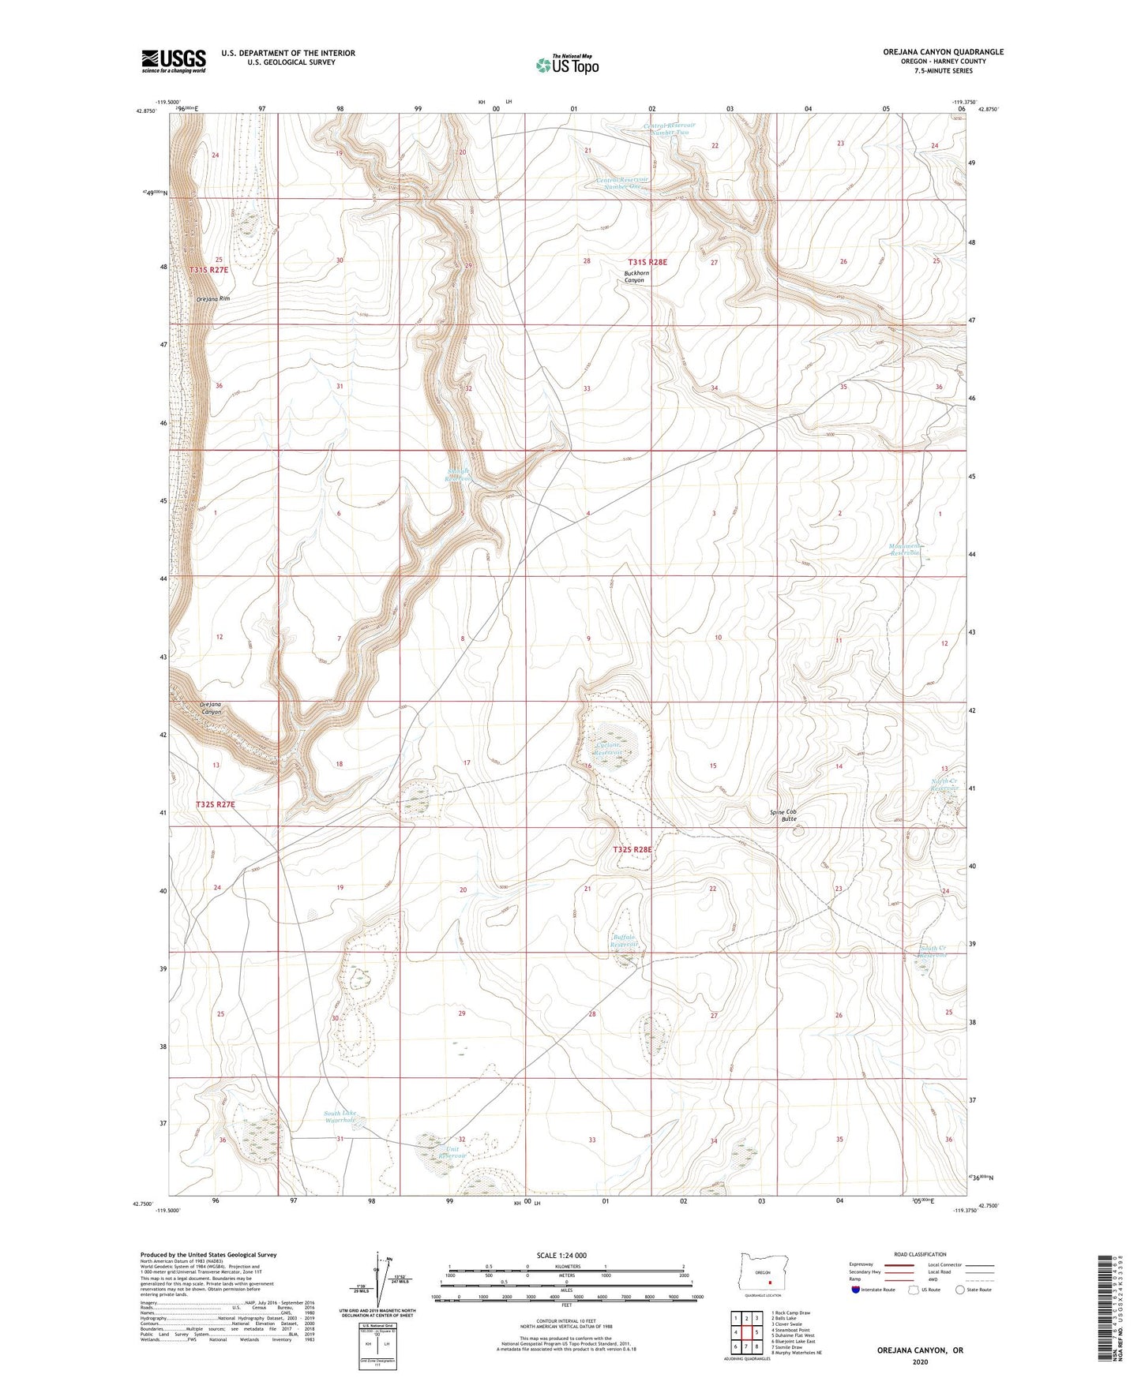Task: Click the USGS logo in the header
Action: pos(174,61)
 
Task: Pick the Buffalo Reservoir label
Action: pos(624,940)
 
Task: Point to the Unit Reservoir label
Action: pos(452,1151)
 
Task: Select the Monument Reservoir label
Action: pos(905,549)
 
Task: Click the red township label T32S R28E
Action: pos(633,849)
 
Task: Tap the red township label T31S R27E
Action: pos(208,270)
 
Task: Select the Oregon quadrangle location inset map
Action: pos(762,1275)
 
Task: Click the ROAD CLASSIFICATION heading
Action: pos(920,1254)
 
